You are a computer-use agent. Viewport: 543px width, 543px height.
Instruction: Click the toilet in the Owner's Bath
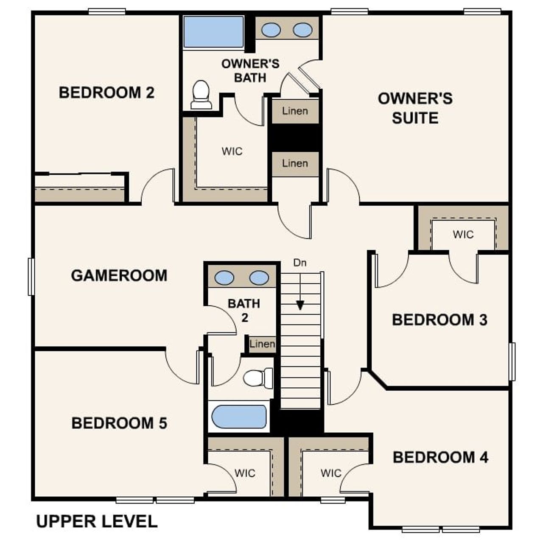point(201,95)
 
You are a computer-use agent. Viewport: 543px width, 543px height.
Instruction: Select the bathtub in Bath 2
point(239,417)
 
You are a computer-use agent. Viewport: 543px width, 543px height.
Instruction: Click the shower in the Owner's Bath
point(213,32)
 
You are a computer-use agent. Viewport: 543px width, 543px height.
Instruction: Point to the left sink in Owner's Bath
point(271,30)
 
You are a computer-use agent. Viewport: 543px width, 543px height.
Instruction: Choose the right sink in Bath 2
point(259,278)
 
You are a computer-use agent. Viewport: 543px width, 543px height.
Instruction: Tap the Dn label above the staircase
point(300,263)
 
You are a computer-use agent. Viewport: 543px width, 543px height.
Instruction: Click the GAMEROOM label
point(119,275)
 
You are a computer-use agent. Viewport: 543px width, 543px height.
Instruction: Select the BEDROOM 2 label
point(106,92)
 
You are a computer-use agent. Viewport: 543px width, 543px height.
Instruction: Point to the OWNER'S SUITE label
point(415,108)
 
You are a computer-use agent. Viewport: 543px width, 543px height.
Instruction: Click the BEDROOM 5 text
point(119,423)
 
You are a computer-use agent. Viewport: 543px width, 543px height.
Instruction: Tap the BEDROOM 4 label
point(440,457)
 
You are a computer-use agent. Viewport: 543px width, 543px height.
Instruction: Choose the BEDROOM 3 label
point(439,320)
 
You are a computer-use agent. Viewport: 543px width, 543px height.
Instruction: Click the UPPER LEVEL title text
point(97,521)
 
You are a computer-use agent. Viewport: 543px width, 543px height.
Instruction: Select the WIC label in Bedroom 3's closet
point(463,234)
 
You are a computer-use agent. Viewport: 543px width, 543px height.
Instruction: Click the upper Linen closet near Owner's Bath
point(295,111)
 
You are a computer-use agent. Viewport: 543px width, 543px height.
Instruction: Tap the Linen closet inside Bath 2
point(262,344)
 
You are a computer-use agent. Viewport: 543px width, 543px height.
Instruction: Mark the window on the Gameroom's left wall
point(31,277)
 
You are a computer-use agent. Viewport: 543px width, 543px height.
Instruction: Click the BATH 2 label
point(244,310)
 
